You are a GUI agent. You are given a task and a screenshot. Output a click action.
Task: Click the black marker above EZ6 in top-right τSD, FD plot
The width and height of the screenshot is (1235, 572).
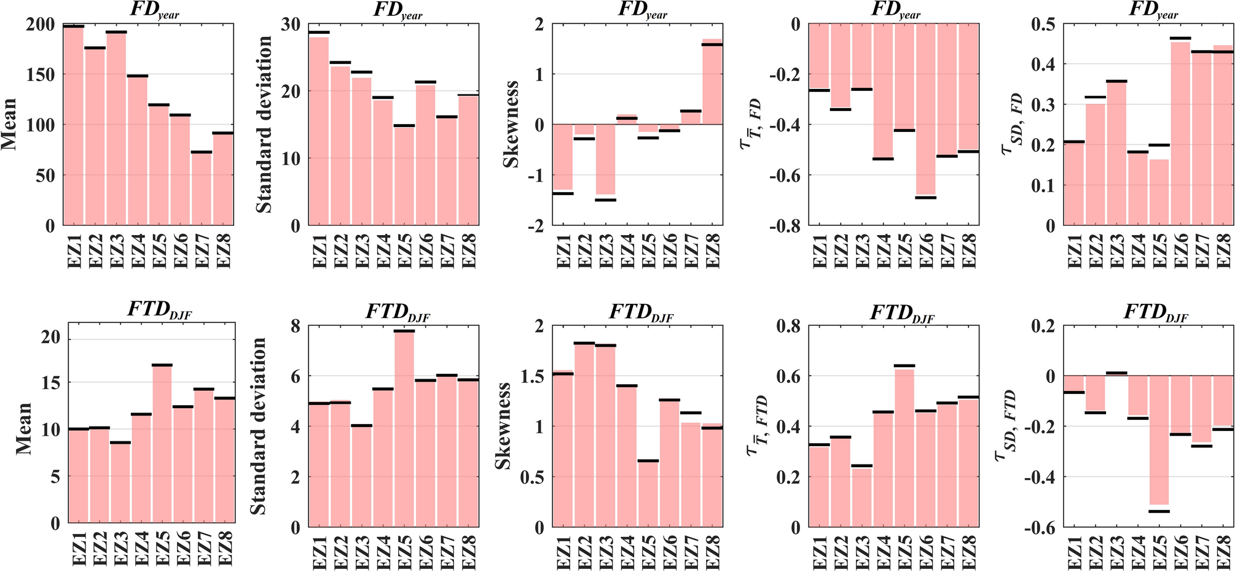point(1180,38)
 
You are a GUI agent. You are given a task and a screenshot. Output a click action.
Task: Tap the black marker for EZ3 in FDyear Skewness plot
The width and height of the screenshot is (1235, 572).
point(606,199)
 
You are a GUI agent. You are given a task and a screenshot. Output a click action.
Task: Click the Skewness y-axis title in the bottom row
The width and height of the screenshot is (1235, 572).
point(503,426)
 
